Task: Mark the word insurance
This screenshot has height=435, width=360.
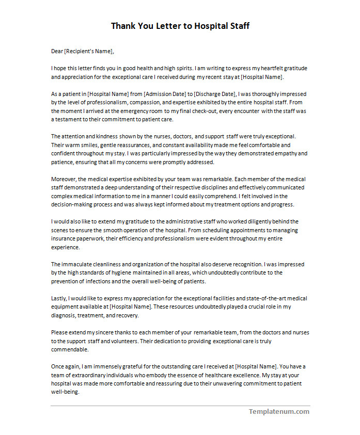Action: tap(64, 238)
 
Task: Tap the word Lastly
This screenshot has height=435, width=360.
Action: tap(59, 298)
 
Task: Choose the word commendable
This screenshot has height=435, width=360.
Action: tap(69, 349)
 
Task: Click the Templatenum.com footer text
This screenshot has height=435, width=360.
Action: tap(279, 411)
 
